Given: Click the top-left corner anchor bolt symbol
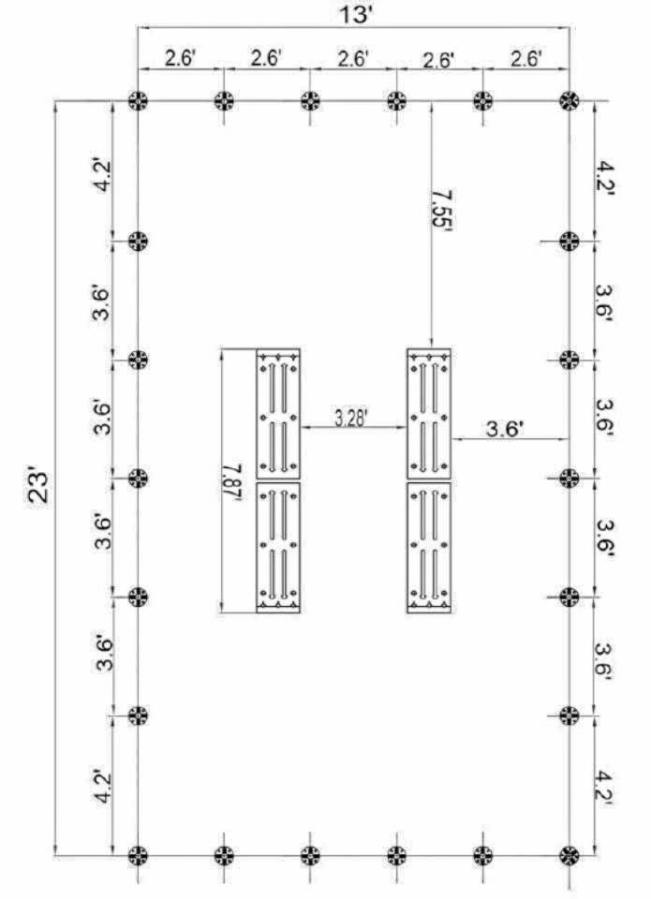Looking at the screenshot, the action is coord(138,101).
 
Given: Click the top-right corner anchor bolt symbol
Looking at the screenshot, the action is coord(569,101).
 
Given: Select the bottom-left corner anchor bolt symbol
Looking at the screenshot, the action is coord(138,855).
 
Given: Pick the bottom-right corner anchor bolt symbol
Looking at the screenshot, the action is coord(569,855).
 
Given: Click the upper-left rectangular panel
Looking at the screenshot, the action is coord(278,413).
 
